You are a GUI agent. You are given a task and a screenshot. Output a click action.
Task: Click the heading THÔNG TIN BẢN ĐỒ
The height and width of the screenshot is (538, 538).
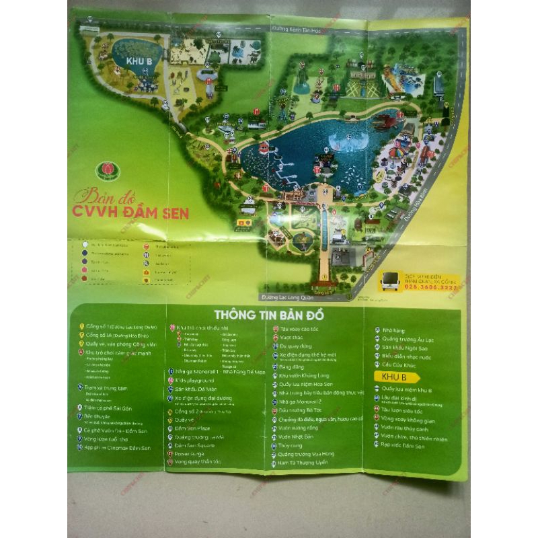(x=269, y=315)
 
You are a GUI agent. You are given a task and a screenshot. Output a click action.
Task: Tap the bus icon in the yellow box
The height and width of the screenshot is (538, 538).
(x=391, y=281)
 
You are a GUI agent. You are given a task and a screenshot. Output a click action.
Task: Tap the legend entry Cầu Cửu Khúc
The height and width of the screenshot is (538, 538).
(x=397, y=364)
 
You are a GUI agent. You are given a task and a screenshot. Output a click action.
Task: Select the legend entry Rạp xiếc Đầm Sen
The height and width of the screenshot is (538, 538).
(x=403, y=445)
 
